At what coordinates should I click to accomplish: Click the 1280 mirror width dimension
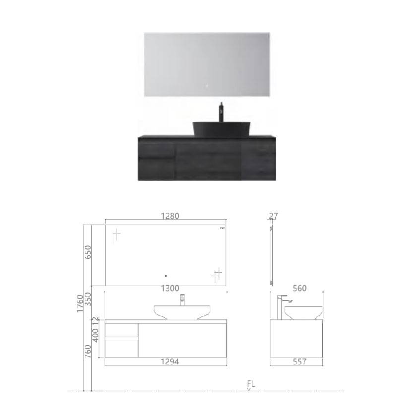tap(170, 216)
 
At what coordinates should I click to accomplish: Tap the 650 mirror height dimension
tap(88, 252)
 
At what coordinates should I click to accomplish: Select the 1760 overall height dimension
tap(80, 304)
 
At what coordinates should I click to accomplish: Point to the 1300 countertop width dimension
tap(170, 289)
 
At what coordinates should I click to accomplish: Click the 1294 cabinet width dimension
tap(170, 361)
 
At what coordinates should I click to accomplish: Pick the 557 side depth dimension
tap(300, 361)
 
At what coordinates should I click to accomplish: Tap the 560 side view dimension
tap(300, 289)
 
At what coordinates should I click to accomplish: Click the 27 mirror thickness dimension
tap(273, 216)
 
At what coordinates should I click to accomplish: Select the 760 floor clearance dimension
tap(88, 352)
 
